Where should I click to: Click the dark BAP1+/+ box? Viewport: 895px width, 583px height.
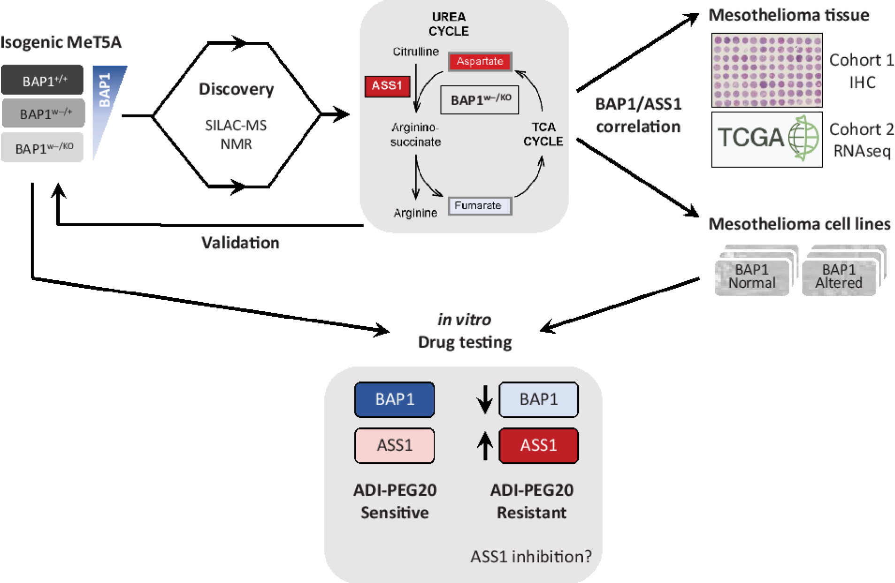42,80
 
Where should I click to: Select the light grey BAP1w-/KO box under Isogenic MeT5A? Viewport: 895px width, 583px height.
42,148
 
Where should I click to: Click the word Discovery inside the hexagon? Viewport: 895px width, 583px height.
236,89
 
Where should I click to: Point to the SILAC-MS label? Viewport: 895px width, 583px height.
236,125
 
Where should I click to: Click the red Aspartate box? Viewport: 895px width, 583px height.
480,61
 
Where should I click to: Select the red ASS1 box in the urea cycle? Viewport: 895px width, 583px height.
387,86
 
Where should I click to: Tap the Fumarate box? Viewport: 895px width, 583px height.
479,206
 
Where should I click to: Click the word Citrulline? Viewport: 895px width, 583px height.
415,52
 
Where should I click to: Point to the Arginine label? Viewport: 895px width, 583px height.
415,213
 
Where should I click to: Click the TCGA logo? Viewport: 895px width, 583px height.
766,139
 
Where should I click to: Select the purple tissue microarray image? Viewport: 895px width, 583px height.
766,70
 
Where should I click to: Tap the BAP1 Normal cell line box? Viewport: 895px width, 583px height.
752,277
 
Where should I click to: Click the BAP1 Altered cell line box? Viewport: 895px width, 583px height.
839,277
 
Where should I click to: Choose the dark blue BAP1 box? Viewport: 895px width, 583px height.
394,399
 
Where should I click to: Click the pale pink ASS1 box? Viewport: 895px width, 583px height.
394,445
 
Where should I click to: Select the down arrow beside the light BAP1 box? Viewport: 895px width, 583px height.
485,399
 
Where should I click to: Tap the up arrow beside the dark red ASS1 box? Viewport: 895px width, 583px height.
485,445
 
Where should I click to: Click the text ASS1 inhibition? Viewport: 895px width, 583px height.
531,556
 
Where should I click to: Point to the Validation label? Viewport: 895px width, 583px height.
240,243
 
